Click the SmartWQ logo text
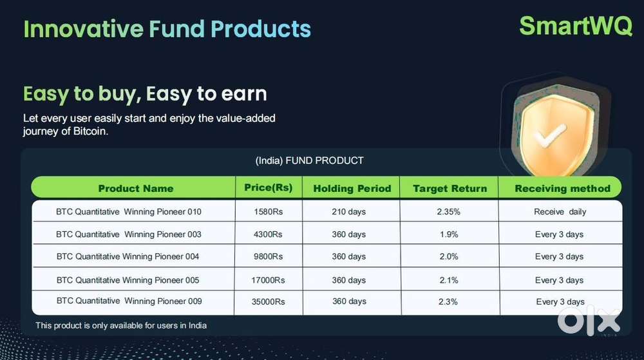click(575, 26)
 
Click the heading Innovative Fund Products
click(167, 29)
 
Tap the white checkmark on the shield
click(548, 136)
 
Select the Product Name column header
click(135, 189)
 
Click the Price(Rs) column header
click(269, 188)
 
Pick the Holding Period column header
click(352, 189)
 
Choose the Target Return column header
click(450, 189)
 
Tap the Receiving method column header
click(562, 189)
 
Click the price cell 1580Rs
click(269, 211)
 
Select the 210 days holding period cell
click(349, 211)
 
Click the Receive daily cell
click(560, 211)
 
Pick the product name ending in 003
click(129, 234)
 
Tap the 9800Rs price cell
click(269, 256)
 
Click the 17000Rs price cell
click(269, 280)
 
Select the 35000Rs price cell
click(269, 301)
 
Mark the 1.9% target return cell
click(449, 234)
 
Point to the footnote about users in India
click(121, 325)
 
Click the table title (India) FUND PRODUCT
click(310, 160)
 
